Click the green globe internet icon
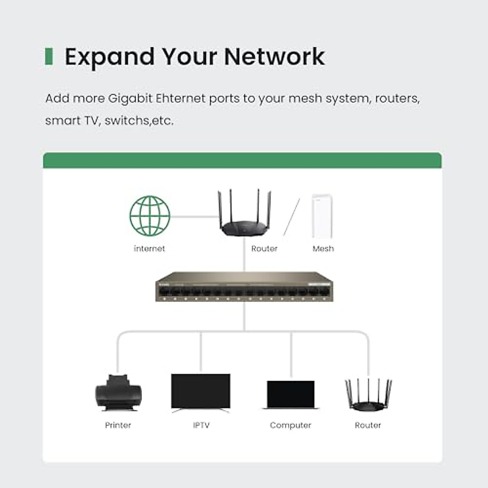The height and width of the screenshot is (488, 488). point(150,216)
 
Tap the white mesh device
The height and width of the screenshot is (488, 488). point(322,216)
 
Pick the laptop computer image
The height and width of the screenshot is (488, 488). point(291,395)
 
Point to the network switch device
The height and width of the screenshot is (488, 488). point(244,287)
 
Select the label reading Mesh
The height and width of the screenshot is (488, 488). point(323,248)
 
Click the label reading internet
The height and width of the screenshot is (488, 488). point(149,248)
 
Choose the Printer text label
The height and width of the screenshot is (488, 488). point(118,425)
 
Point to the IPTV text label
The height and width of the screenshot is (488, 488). point(201,425)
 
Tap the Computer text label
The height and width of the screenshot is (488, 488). point(290,425)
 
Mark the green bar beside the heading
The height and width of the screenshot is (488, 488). point(49,57)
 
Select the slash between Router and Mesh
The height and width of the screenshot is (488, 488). point(292,217)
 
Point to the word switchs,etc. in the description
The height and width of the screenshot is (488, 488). point(139,121)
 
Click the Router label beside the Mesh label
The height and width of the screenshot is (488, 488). point(264,248)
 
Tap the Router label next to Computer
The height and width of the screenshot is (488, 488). point(368,425)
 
